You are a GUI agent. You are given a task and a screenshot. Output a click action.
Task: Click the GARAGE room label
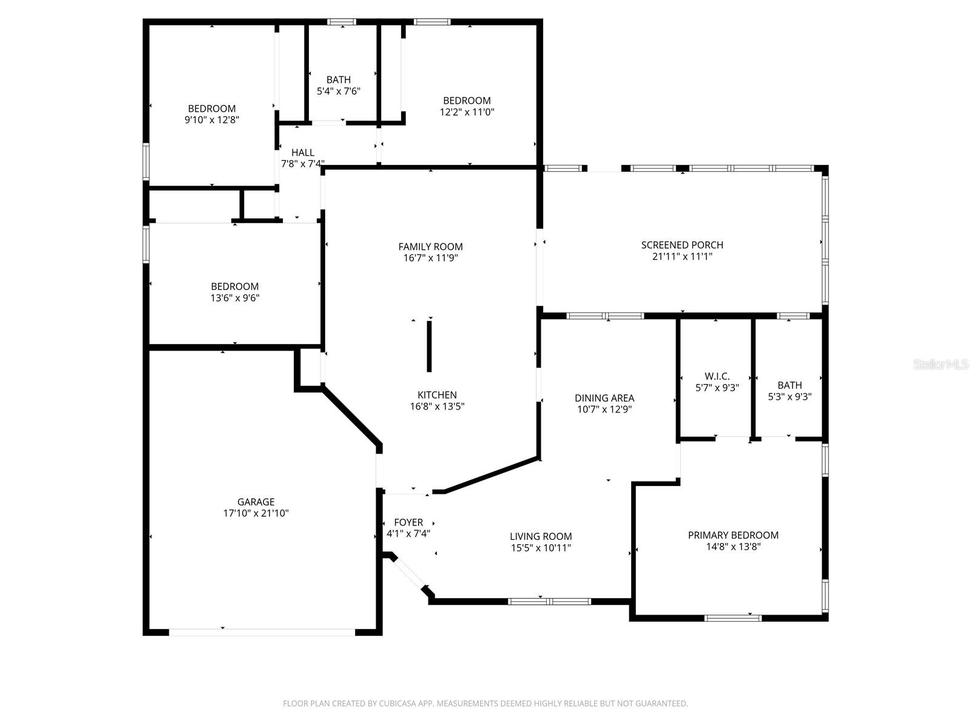pyautogui.click(x=255, y=502)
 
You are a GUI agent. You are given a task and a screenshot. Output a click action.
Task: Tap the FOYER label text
pyautogui.click(x=408, y=522)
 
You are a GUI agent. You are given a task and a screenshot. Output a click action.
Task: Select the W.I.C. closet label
pyautogui.click(x=717, y=376)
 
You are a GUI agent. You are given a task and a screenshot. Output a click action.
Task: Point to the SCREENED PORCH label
pyautogui.click(x=682, y=245)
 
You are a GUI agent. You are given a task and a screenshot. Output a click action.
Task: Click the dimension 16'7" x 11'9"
pyautogui.click(x=430, y=258)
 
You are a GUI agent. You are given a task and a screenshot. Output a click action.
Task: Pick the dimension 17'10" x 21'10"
pyautogui.click(x=255, y=513)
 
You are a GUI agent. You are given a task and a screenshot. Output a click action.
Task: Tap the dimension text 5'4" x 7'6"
pyautogui.click(x=339, y=91)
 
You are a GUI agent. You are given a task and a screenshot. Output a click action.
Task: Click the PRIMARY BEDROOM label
pyautogui.click(x=733, y=535)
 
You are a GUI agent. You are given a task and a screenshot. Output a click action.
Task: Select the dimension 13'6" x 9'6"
pyautogui.click(x=235, y=298)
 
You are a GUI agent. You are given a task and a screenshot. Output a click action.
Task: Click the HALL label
pyautogui.click(x=302, y=153)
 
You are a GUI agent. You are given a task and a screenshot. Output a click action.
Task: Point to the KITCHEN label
pyautogui.click(x=437, y=395)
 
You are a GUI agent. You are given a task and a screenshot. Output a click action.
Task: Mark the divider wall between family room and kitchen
pyautogui.click(x=429, y=346)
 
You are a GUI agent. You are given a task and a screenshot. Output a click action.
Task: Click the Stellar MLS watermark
pyautogui.click(x=941, y=365)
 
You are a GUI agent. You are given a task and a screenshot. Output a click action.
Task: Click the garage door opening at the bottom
pyautogui.click(x=262, y=632)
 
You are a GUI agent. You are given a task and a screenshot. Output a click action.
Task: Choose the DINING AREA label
pyautogui.click(x=604, y=398)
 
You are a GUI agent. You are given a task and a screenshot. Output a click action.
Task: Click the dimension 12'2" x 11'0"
pyautogui.click(x=467, y=112)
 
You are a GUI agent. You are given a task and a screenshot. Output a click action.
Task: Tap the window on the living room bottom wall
pyautogui.click(x=549, y=601)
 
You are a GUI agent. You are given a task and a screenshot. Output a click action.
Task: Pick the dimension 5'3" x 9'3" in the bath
pyautogui.click(x=790, y=397)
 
